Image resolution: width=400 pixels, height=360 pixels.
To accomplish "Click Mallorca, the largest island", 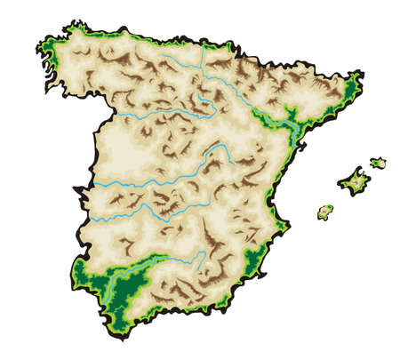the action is (x=353, y=181).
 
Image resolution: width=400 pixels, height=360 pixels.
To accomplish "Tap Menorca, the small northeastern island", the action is (x=379, y=163).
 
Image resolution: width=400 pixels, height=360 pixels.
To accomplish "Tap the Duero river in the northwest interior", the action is (x=151, y=114).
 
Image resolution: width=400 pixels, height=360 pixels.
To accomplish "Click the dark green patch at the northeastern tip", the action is (x=353, y=85).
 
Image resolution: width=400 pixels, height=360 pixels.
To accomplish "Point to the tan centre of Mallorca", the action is (x=354, y=182).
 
